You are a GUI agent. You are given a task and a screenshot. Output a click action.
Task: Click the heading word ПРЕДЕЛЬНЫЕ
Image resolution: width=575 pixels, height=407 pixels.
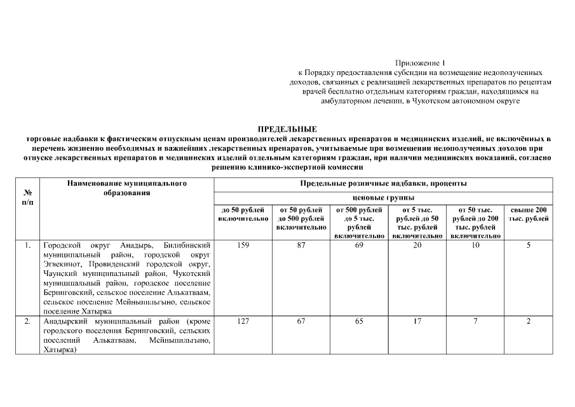287,129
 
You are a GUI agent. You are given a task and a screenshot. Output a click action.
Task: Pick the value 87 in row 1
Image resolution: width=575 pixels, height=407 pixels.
301,245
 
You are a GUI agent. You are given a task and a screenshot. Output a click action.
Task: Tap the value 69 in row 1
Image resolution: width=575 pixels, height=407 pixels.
359,245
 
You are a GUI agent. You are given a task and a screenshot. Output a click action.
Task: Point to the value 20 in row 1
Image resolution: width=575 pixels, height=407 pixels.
417,245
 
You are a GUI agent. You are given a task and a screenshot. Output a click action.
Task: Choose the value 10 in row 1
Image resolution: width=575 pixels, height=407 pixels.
475,245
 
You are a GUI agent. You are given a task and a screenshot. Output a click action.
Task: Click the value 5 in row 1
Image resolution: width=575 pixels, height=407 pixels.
529,245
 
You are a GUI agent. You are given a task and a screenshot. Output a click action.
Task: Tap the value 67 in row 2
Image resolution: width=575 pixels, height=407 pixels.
301,321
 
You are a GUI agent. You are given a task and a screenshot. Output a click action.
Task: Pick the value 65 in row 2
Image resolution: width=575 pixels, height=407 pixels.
359,321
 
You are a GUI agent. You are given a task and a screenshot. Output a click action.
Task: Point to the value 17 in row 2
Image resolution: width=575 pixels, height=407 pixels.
417,321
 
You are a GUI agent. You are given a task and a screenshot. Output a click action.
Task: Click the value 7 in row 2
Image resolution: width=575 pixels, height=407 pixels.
475,321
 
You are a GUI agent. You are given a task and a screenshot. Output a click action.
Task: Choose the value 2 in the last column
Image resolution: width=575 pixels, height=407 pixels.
529,321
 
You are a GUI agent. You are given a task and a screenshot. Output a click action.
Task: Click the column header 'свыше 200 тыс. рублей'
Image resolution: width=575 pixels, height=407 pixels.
529,214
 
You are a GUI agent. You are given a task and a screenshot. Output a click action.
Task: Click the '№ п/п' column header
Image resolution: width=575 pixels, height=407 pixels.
28,195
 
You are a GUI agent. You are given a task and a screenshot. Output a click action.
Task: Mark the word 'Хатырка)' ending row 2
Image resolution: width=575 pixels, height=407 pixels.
59,349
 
